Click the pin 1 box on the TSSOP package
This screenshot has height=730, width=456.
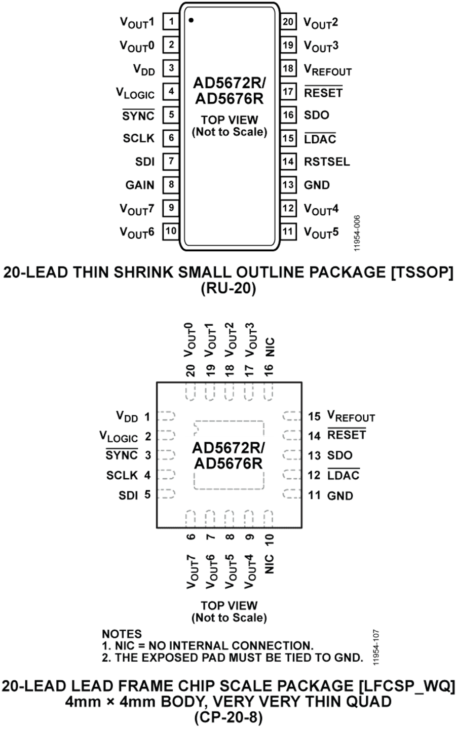tap(171, 22)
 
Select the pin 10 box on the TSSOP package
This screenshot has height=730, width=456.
tap(171, 231)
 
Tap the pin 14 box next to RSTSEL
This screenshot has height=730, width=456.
tap(288, 162)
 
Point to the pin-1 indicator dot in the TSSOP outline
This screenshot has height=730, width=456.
tap(191, 21)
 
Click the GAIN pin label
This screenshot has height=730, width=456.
tap(140, 185)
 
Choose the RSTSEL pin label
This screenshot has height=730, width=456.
tap(327, 162)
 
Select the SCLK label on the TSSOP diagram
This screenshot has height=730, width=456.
tap(138, 138)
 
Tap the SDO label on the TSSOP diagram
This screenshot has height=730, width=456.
tap(317, 115)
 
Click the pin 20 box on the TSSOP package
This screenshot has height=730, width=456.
tap(288, 22)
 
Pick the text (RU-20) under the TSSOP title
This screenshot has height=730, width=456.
tap(229, 289)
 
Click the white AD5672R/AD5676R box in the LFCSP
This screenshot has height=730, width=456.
tap(228, 455)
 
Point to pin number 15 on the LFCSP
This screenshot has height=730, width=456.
tap(315, 416)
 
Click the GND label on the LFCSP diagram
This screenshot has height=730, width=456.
tap(340, 495)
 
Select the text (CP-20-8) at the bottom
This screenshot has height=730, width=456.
tap(229, 717)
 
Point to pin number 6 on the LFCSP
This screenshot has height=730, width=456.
tap(191, 536)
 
